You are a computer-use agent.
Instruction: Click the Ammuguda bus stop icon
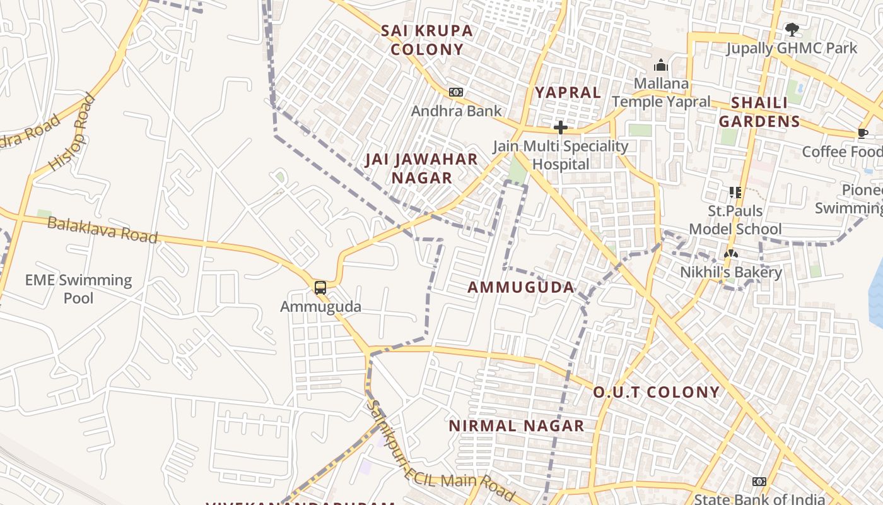(x=320, y=288)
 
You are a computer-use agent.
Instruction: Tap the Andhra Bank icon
(x=455, y=92)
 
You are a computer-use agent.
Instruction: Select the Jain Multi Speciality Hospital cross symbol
(x=560, y=128)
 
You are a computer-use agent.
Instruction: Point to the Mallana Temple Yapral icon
(x=660, y=65)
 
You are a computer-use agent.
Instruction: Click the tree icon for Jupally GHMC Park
(x=792, y=29)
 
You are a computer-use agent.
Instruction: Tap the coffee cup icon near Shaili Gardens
(x=862, y=133)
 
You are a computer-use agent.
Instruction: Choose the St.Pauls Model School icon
(x=735, y=192)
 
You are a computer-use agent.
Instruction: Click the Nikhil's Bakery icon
(x=730, y=254)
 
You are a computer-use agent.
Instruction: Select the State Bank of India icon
(x=759, y=482)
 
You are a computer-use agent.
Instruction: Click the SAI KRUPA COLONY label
(x=427, y=40)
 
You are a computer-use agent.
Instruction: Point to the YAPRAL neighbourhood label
(x=568, y=93)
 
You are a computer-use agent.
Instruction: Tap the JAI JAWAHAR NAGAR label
(x=421, y=169)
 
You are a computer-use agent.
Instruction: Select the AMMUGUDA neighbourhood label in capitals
(x=521, y=288)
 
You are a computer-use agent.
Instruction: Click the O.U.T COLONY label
(x=656, y=392)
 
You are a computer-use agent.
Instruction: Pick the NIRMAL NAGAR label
(x=516, y=426)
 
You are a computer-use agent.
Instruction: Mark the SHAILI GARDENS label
(x=759, y=112)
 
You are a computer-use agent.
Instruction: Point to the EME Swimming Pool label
(x=78, y=288)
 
